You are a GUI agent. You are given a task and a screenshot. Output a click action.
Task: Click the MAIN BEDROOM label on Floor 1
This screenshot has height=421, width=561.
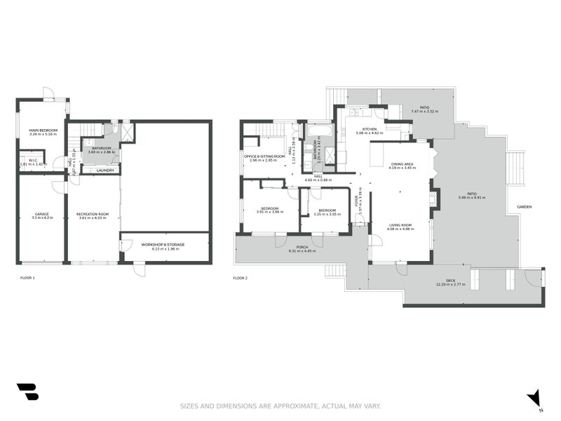coord(43,131)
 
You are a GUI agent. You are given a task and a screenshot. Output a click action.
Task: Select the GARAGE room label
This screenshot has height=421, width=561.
coord(41,214)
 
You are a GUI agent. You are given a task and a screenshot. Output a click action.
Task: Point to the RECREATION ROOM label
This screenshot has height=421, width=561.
coord(93,214)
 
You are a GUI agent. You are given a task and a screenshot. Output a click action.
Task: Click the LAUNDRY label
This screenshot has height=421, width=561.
coord(105,170)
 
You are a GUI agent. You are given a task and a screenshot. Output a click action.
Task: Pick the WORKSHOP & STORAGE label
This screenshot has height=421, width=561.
coord(162,244)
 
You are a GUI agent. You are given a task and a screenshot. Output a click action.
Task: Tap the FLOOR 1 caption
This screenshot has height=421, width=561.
coord(27,278)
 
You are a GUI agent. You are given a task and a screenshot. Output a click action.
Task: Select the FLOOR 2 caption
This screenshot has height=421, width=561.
coord(241,278)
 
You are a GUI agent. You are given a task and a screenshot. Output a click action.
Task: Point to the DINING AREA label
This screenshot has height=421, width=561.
coord(402,164)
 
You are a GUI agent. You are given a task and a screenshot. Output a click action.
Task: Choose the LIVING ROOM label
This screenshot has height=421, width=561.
coord(400,225)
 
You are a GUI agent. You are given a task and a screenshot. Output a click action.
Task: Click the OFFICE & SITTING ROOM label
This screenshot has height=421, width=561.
coord(264,156)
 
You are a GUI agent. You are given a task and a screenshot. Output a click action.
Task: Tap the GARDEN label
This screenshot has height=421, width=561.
coord(525,207)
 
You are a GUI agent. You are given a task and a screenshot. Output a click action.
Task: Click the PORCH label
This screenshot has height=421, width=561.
coord(302,246)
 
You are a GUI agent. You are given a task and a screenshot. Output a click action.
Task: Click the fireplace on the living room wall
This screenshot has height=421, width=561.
coord(434,199)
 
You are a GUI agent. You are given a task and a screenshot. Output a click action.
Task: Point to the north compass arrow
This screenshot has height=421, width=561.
coord(534,397)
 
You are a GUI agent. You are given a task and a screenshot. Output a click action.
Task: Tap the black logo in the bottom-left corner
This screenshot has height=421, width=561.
coord(27,392)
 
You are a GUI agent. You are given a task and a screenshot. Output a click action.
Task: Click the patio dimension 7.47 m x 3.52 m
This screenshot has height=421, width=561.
coord(424,111)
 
